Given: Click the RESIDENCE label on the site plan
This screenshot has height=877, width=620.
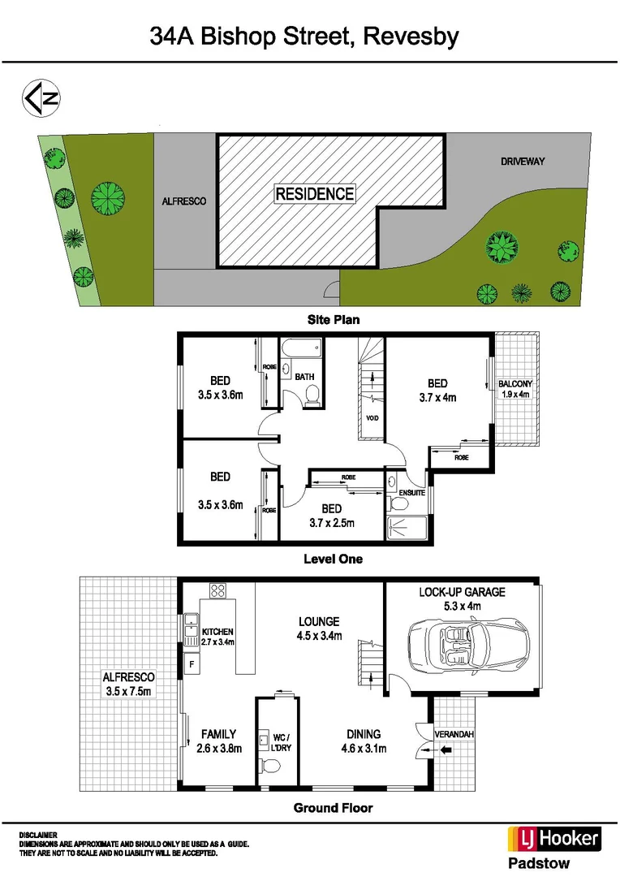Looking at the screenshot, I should [315, 193].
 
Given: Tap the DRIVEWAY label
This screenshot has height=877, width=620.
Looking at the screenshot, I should [522, 162].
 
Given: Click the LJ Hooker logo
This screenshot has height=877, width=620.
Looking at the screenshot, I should [554, 839].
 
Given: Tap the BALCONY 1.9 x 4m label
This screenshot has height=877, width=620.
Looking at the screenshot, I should [516, 389].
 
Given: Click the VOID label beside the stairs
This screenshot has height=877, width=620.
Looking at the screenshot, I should [372, 419].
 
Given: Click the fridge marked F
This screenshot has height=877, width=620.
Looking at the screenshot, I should [192, 664].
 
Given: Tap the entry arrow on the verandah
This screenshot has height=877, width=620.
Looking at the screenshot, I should [445, 751].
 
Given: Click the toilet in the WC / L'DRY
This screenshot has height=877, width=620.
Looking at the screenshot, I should [272, 765].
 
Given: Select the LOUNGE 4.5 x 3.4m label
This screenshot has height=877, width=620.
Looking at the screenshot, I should [318, 629].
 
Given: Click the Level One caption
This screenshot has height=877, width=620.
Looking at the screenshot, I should [333, 559].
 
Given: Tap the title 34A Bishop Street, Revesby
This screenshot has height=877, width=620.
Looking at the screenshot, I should [304, 37].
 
